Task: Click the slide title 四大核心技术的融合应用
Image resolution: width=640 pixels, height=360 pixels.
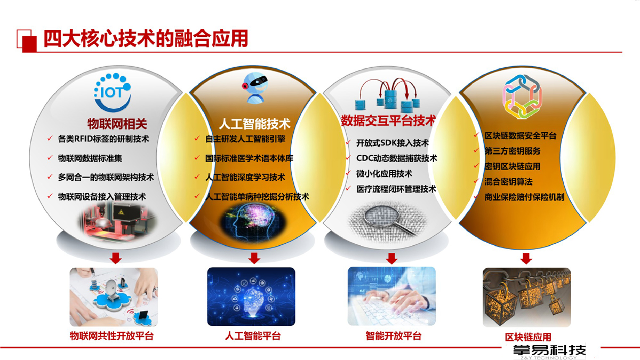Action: [146, 38]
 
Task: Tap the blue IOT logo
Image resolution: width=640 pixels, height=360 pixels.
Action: [113, 92]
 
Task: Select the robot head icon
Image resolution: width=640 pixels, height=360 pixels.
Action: [255, 87]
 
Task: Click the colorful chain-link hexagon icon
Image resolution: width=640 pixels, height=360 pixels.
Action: [522, 97]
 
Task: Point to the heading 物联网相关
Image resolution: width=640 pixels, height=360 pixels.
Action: [117, 124]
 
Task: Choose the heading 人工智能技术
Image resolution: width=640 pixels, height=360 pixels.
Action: [255, 124]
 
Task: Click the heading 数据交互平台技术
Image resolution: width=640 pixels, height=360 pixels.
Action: [389, 121]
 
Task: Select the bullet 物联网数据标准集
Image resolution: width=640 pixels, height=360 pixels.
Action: [90, 158]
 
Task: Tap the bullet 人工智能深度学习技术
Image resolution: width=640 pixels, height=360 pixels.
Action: [245, 177]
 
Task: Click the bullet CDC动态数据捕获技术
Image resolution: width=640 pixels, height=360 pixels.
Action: [397, 158]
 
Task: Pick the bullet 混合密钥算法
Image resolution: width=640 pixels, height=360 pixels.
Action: [509, 182]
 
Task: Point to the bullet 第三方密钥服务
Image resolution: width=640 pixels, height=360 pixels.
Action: [513, 151]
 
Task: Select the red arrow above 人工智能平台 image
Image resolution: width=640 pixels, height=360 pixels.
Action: [254, 258]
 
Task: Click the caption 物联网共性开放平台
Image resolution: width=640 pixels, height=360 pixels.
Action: [111, 335]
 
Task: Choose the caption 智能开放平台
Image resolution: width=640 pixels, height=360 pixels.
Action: [394, 335]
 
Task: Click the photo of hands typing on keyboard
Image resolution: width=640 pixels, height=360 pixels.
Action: [391, 296]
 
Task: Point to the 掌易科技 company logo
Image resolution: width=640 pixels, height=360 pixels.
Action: [549, 352]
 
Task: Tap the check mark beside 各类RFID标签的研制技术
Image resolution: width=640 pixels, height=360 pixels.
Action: [50, 138]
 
